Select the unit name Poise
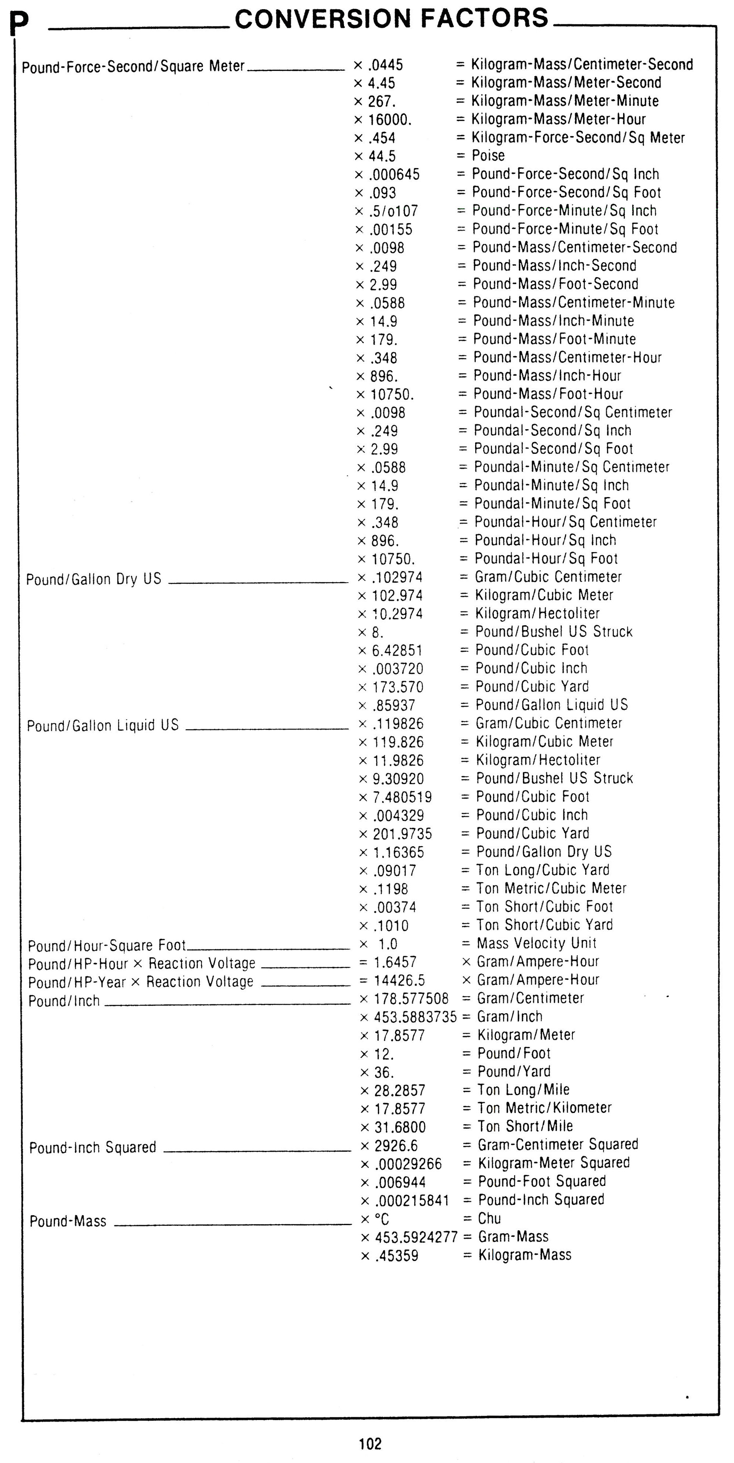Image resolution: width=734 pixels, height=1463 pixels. tap(488, 156)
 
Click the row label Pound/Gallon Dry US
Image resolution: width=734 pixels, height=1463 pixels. tap(94, 579)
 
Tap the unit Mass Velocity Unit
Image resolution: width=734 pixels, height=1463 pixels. tap(536, 944)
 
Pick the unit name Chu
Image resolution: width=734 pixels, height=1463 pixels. tap(489, 1218)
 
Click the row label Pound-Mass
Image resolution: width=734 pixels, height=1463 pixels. tap(68, 1221)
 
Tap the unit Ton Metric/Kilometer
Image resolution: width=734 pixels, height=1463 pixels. tap(544, 1108)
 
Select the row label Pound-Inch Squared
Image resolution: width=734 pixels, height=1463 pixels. tap(93, 1148)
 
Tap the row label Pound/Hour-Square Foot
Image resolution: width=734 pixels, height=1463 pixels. tap(107, 946)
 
